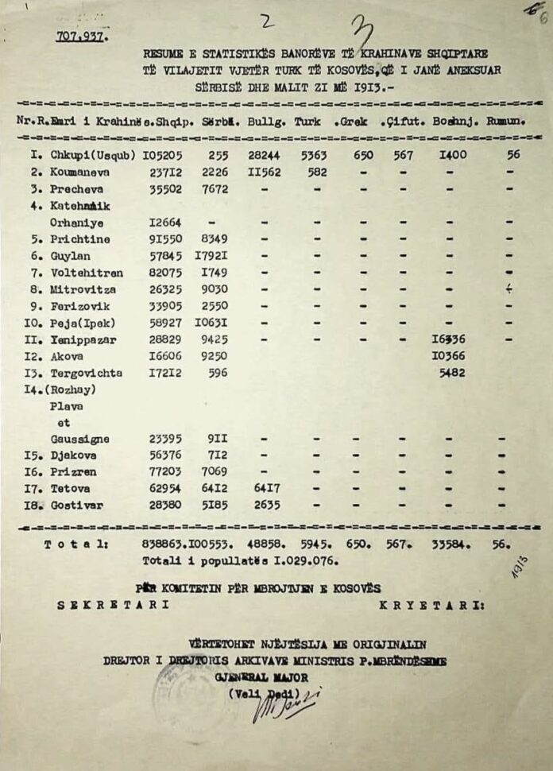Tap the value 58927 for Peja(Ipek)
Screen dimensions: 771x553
(x=165, y=324)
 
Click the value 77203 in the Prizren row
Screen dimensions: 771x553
(x=165, y=472)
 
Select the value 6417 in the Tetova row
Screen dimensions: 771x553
(x=266, y=489)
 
